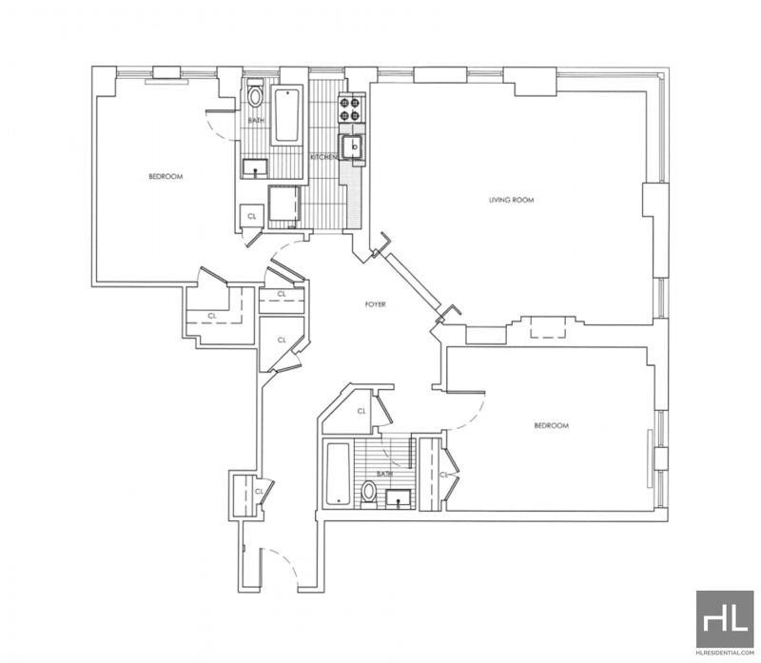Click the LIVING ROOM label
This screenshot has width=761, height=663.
pyautogui.click(x=511, y=200)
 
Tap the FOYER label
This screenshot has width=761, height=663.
pyautogui.click(x=375, y=304)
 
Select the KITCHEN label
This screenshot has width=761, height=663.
pyautogui.click(x=323, y=157)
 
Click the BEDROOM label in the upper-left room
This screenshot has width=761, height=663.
pyautogui.click(x=166, y=177)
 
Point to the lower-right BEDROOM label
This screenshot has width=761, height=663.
pyautogui.click(x=552, y=425)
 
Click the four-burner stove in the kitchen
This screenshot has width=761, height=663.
pyautogui.click(x=351, y=108)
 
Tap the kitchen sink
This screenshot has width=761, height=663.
pyautogui.click(x=353, y=146)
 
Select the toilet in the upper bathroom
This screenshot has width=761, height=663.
pyautogui.click(x=255, y=94)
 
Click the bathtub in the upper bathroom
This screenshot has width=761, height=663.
pyautogui.click(x=287, y=115)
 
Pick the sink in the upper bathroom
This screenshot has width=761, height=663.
pyautogui.click(x=255, y=168)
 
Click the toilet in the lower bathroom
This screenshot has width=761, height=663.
pyautogui.click(x=369, y=493)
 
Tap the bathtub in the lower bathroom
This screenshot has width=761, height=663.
pyautogui.click(x=338, y=473)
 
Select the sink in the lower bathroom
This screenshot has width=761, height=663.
pyautogui.click(x=399, y=499)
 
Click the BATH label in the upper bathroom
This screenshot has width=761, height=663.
pyautogui.click(x=256, y=121)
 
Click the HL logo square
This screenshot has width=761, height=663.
pyautogui.click(x=725, y=619)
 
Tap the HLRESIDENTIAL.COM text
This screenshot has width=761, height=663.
pyautogui.click(x=725, y=653)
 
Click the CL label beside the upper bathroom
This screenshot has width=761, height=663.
pyautogui.click(x=252, y=217)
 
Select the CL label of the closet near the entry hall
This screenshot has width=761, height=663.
pyautogui.click(x=259, y=492)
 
